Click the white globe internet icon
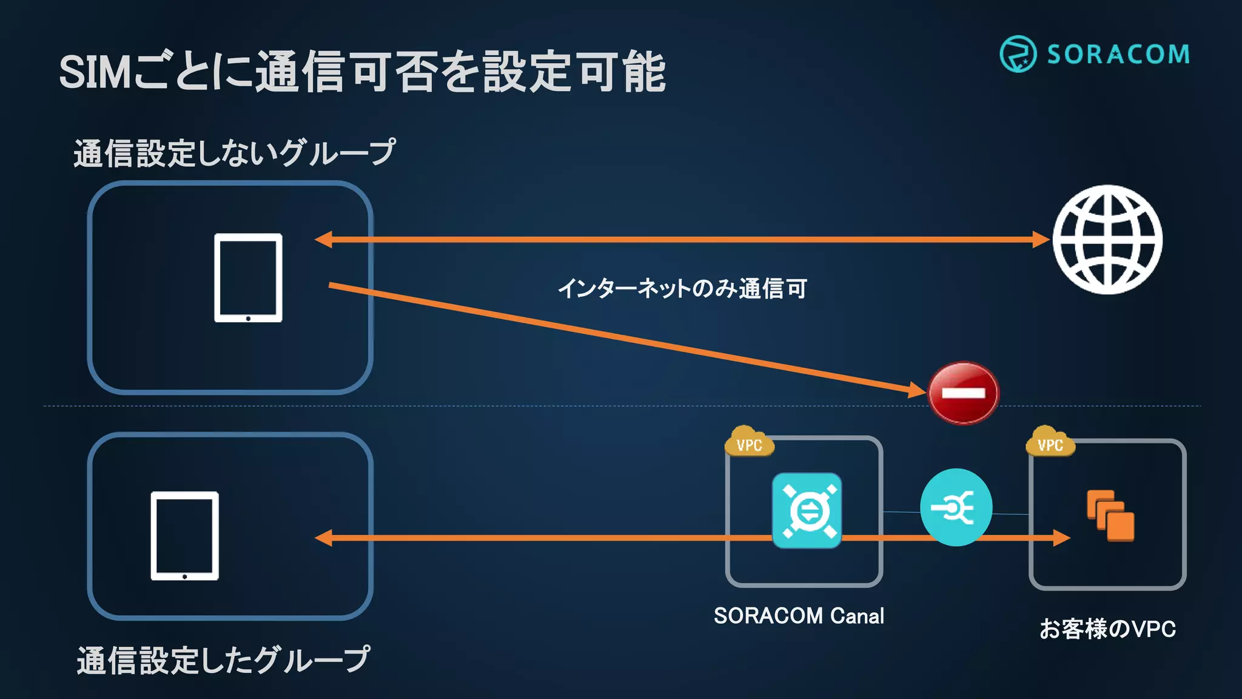coord(1107,240)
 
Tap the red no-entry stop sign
coord(963,393)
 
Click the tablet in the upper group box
coord(248,277)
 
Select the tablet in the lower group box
coord(184,536)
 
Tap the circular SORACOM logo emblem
coord(1018,54)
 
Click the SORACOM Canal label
coord(799,616)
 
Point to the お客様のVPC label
coord(1107,629)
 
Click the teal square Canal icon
coord(807,510)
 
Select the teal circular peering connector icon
coord(956,507)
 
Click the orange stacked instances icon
coord(1110,515)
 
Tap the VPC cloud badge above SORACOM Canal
coord(749,444)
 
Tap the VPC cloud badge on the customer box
coord(1050,444)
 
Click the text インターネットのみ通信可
coord(682,288)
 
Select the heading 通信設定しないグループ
coord(234,152)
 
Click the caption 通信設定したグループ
coord(223,660)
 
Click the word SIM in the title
coord(95,73)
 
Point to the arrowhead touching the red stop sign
coord(917,390)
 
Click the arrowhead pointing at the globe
coord(1041,240)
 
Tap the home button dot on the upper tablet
coord(248,318)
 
